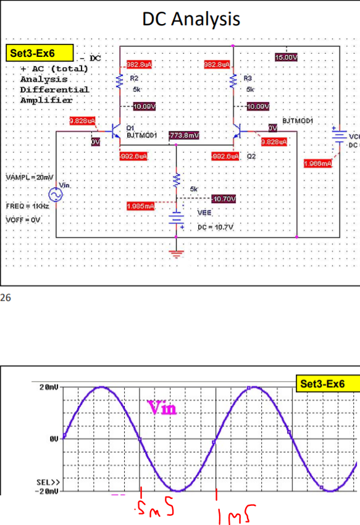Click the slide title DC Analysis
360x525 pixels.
click(191, 19)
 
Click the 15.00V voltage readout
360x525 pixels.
click(287, 57)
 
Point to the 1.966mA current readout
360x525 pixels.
click(319, 163)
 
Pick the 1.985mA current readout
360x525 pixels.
click(140, 205)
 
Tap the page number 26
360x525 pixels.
click(6, 298)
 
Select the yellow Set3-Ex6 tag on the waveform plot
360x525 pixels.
click(327, 384)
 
